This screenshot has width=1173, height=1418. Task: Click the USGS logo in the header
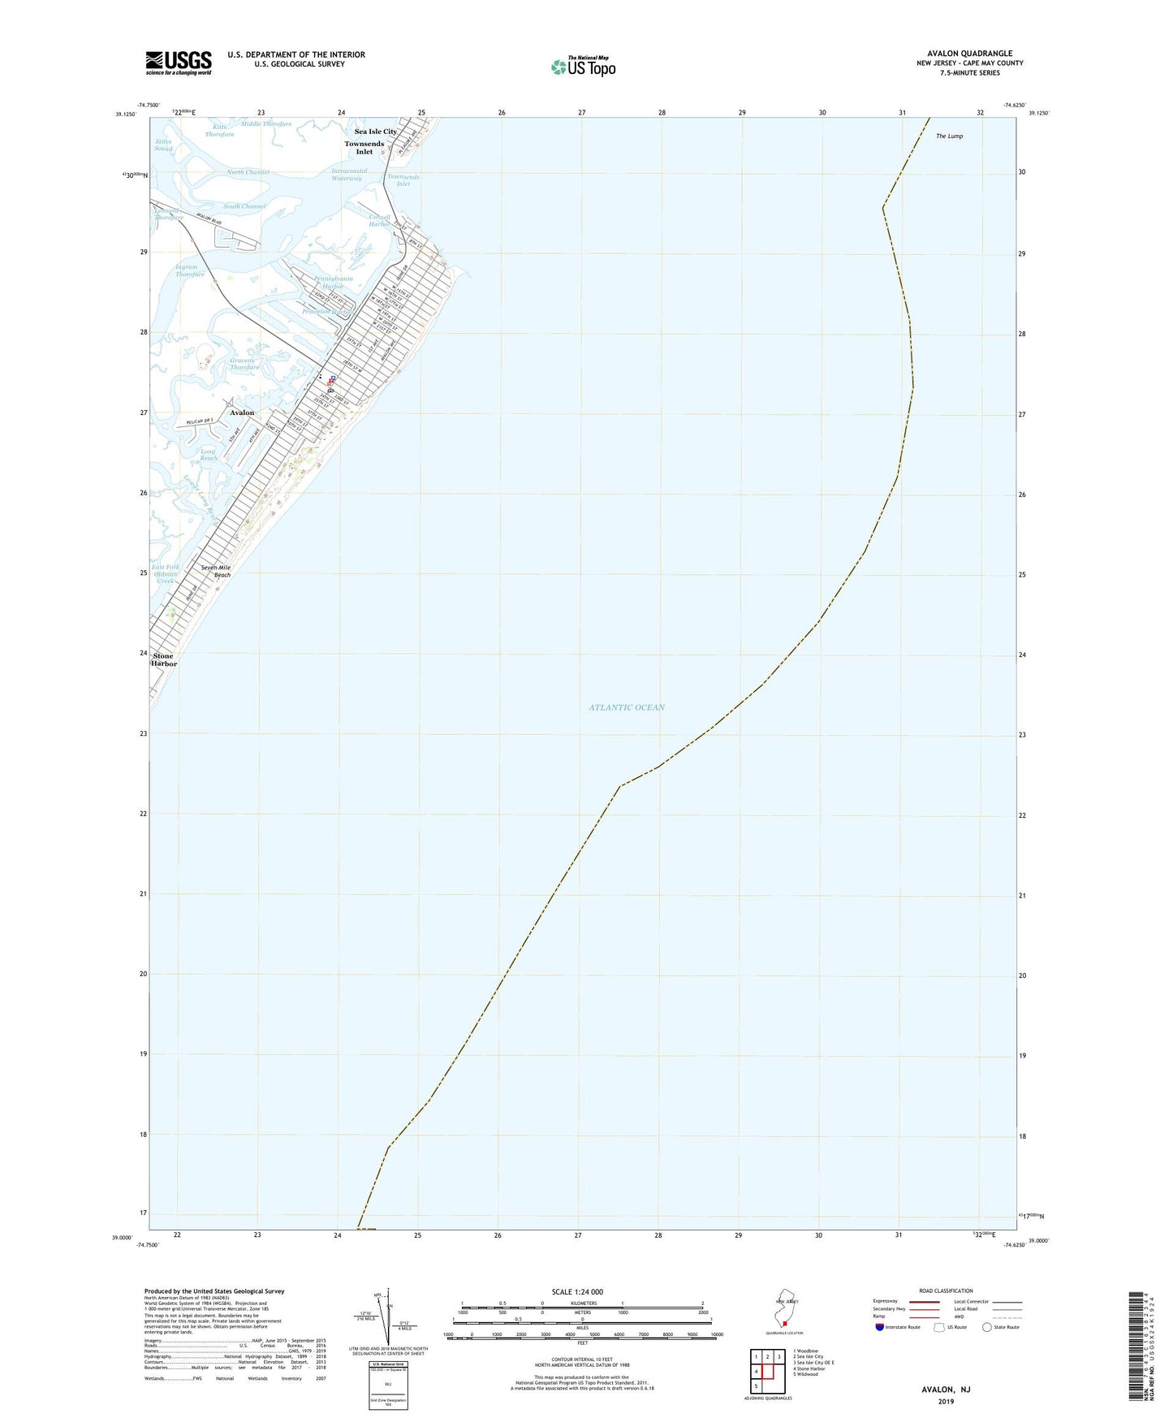click(x=179, y=63)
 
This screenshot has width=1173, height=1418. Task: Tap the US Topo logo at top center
click(x=582, y=66)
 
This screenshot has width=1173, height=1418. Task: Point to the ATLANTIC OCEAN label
click(x=626, y=707)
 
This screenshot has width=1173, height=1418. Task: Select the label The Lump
click(x=949, y=136)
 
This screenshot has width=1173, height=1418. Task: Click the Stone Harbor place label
click(x=163, y=659)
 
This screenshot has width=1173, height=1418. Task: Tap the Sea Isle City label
click(x=375, y=132)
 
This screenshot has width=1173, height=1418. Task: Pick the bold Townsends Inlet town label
click(x=364, y=148)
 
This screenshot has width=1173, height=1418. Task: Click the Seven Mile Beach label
click(x=215, y=571)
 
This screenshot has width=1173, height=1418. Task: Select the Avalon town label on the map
click(x=241, y=413)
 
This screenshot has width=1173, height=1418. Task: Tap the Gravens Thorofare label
click(x=244, y=364)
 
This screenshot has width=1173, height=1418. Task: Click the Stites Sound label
click(x=163, y=145)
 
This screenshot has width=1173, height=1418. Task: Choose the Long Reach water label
click(x=209, y=455)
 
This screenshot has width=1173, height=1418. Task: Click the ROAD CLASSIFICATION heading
click(x=946, y=1290)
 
